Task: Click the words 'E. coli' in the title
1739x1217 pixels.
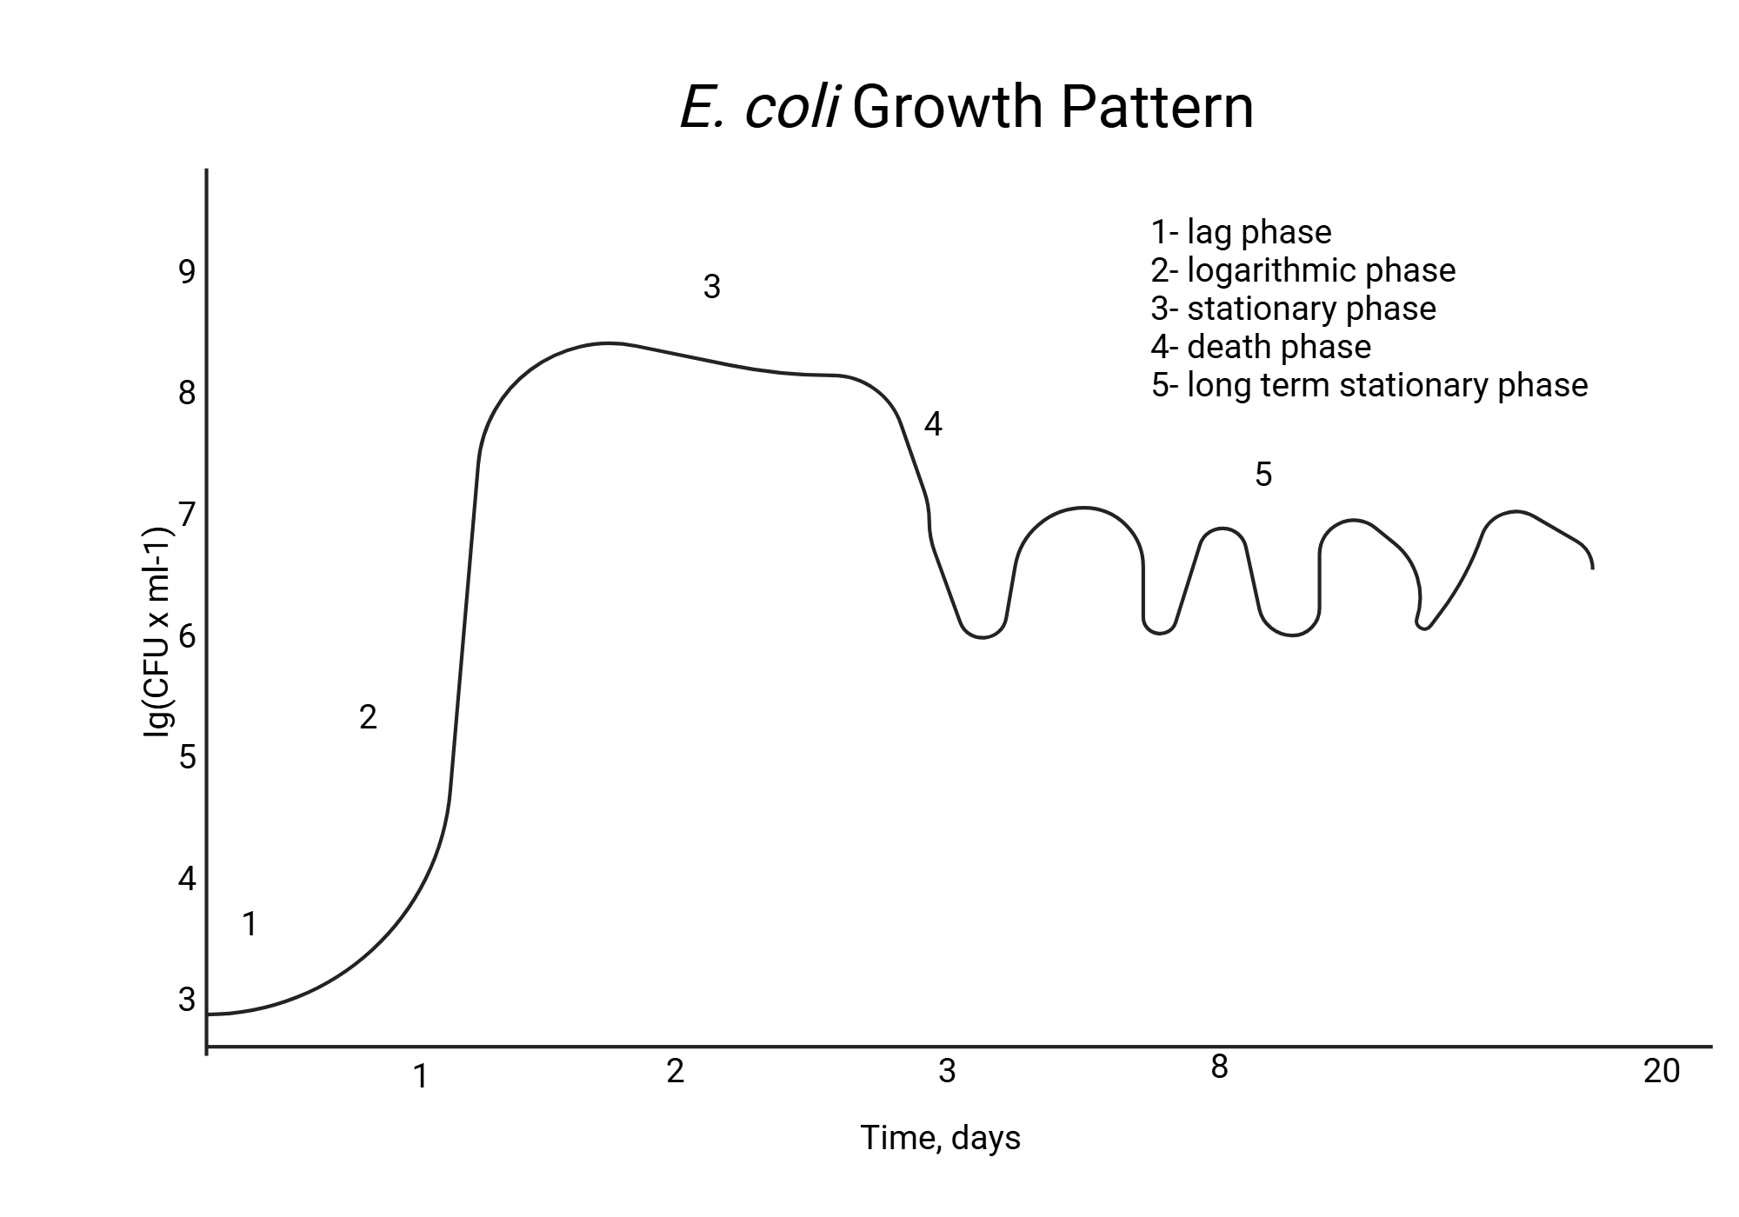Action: [x=758, y=108]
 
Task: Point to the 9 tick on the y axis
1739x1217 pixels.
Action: [x=187, y=272]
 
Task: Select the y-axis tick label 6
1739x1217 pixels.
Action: [x=187, y=636]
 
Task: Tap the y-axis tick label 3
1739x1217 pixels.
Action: [x=187, y=1000]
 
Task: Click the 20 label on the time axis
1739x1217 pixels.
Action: [x=1661, y=1072]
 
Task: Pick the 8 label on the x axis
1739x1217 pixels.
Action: [x=1219, y=1067]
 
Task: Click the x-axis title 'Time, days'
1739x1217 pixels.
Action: [x=940, y=1138]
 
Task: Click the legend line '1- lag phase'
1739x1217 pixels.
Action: [x=1241, y=232]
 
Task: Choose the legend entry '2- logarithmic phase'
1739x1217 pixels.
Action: [x=1303, y=270]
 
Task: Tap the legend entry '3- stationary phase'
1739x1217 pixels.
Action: [x=1293, y=309]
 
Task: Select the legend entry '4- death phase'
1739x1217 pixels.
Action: [x=1261, y=347]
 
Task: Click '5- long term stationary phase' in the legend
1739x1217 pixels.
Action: [x=1369, y=385]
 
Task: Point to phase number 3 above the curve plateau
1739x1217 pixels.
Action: [x=711, y=287]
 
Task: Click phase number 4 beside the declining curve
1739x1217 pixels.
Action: [x=932, y=425]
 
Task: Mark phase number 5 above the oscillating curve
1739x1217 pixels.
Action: [x=1263, y=475]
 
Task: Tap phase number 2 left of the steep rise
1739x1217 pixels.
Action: [x=368, y=717]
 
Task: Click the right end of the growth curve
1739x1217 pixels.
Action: [x=1592, y=567]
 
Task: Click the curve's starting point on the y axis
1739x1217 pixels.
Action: [x=209, y=1014]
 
